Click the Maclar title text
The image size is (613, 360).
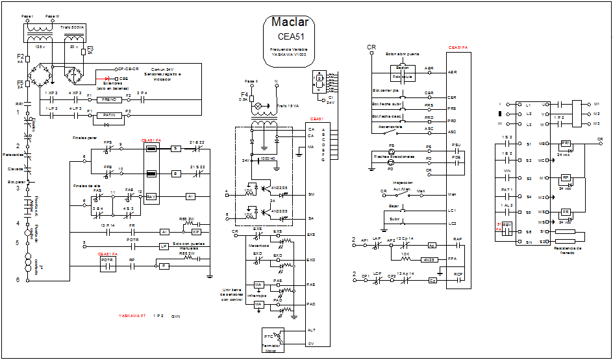tap(290, 23)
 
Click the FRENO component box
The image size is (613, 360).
tap(109, 100)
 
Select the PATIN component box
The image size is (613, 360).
tap(109, 115)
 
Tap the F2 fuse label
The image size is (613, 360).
tap(20, 56)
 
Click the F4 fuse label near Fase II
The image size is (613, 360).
tap(243, 94)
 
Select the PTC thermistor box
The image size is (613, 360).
tap(269, 338)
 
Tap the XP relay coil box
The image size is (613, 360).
tap(195, 231)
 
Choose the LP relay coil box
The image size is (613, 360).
tap(164, 246)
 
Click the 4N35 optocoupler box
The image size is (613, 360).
tap(427, 259)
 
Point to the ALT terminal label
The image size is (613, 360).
tap(311, 330)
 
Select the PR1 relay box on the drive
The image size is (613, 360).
tap(565, 143)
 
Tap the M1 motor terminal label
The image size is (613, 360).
tap(596, 104)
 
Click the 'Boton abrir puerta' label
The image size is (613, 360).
tap(402, 54)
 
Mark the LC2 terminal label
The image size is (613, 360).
tap(452, 224)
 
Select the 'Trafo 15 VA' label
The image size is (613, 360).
tap(288, 105)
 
